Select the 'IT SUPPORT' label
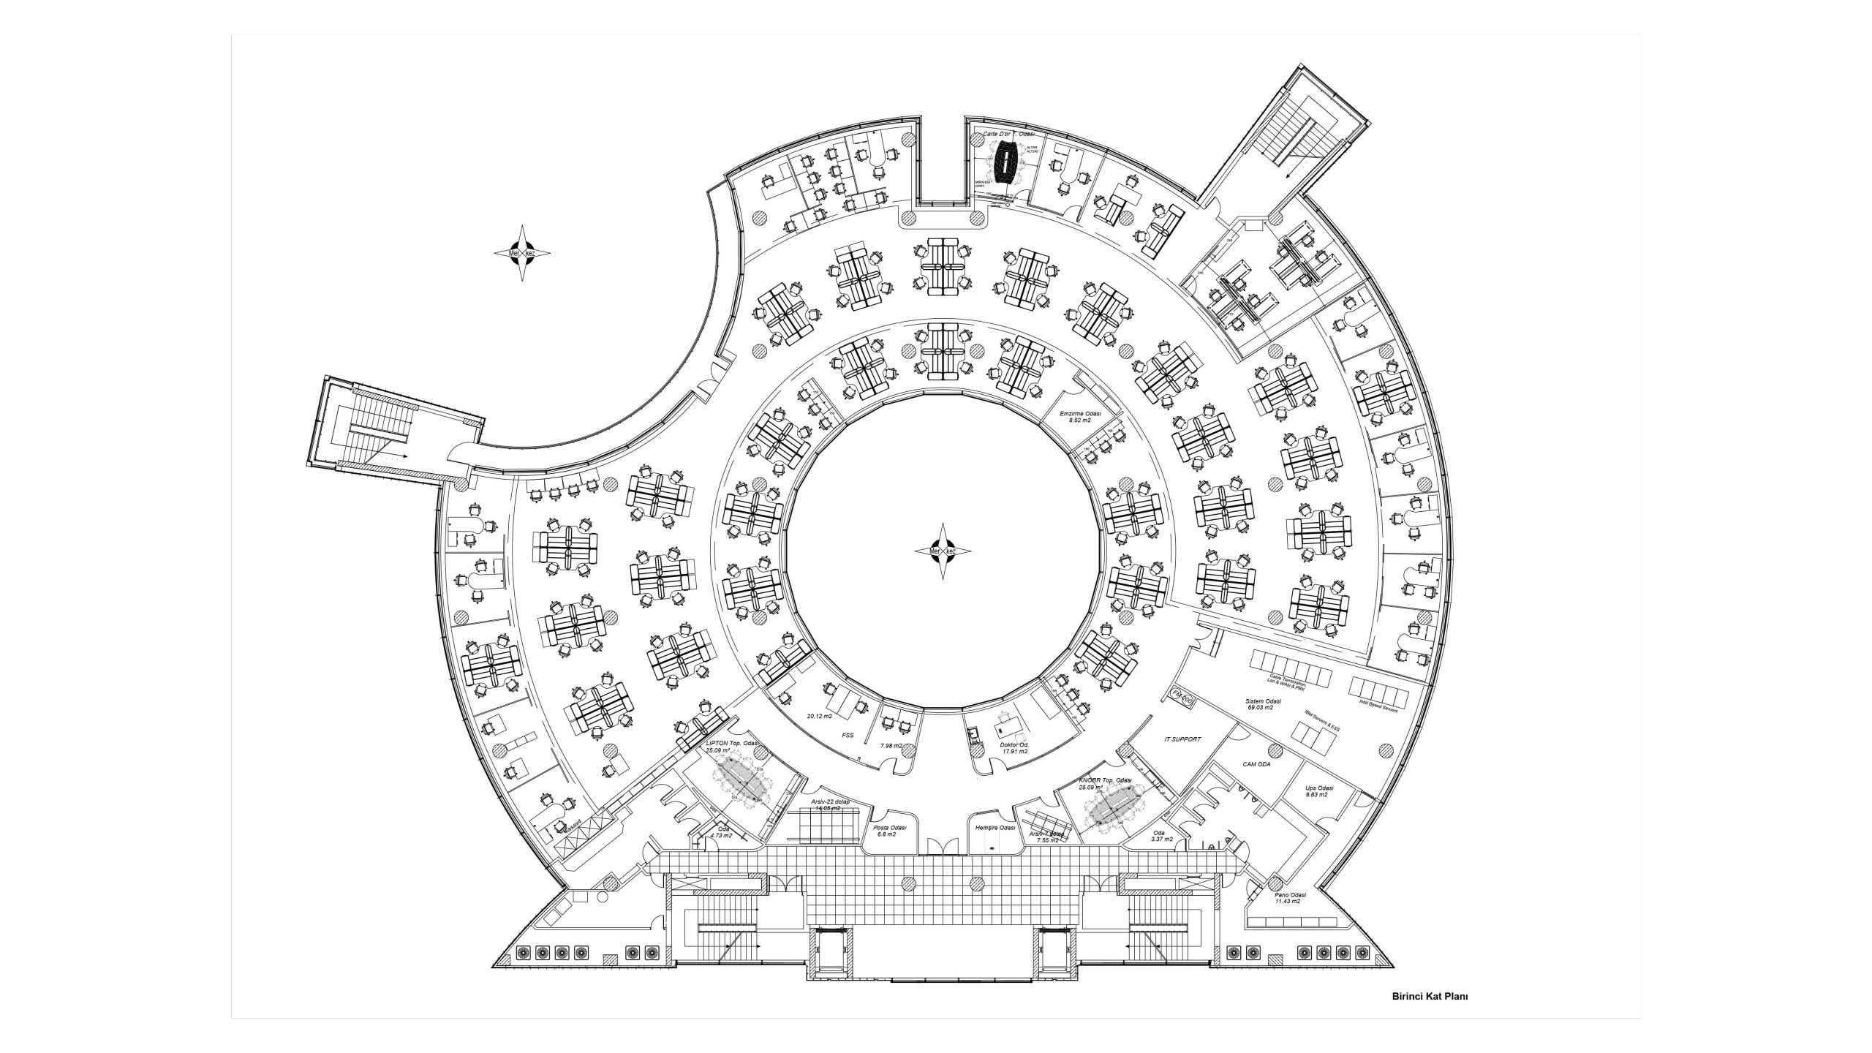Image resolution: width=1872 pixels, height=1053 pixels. pyautogui.click(x=1182, y=739)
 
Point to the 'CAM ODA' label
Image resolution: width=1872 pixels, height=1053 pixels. pyautogui.click(x=1257, y=764)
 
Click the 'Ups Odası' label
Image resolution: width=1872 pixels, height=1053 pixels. pyautogui.click(x=1320, y=788)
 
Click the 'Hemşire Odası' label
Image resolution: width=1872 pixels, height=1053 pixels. pyautogui.click(x=995, y=827)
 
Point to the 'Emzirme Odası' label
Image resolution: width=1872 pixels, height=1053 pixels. pyautogui.click(x=1080, y=415)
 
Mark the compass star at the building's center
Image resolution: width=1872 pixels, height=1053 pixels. pyautogui.click(x=943, y=551)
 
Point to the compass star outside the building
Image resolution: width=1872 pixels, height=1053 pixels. pyautogui.click(x=523, y=253)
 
